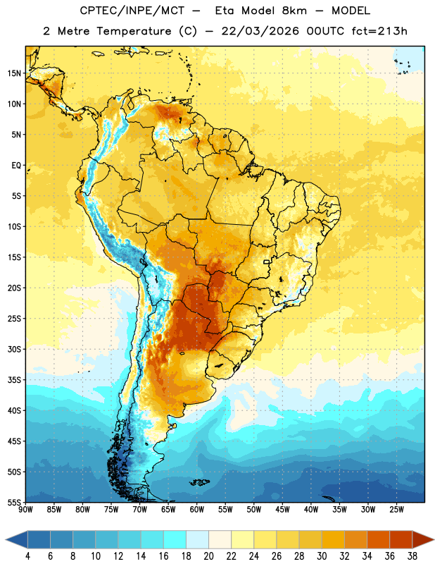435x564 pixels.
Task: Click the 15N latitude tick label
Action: (x=14, y=73)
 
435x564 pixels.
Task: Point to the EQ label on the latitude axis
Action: (x=16, y=166)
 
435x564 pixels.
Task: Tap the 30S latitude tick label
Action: (x=14, y=349)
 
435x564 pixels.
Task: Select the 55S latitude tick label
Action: (x=14, y=502)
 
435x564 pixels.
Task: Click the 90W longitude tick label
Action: (x=26, y=510)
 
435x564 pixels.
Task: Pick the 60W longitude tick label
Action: (x=197, y=510)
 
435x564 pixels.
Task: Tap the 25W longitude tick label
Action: (x=396, y=510)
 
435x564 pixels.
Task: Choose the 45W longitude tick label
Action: (x=282, y=510)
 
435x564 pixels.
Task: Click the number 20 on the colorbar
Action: (x=208, y=556)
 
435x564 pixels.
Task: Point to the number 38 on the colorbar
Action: (x=412, y=556)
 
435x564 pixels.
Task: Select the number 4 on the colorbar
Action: (x=27, y=556)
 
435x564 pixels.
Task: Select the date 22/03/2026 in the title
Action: (x=260, y=31)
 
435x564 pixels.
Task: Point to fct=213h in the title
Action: (x=379, y=31)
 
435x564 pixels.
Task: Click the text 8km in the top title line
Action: (x=294, y=11)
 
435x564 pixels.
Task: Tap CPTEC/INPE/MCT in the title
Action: (x=132, y=11)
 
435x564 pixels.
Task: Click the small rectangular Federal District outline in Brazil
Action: (x=267, y=262)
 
